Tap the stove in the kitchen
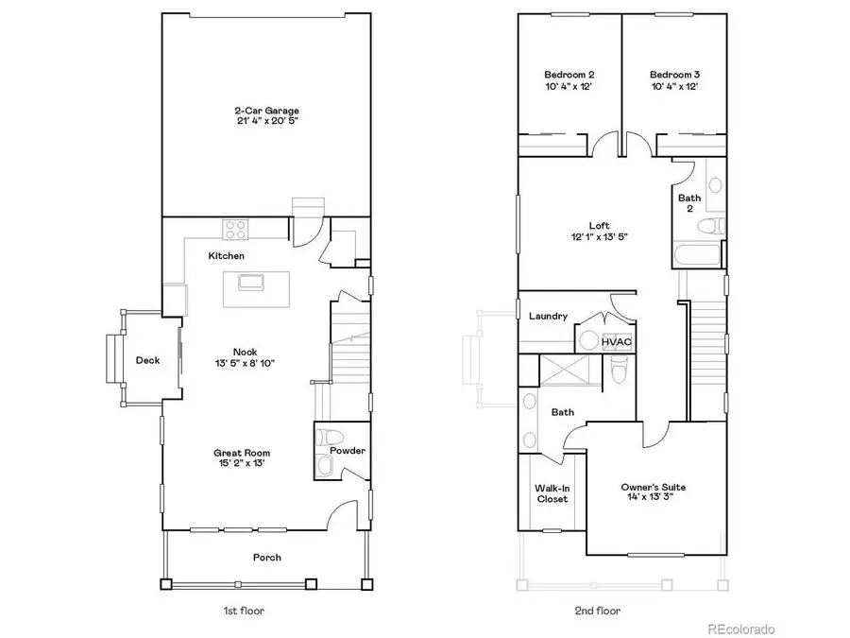tap(235, 228)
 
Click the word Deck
tap(147, 360)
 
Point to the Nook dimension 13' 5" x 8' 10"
tap(245, 363)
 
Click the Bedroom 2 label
tap(569, 75)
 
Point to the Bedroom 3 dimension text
tap(673, 87)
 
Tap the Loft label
tap(599, 225)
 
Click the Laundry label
tap(548, 316)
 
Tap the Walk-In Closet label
tap(552, 493)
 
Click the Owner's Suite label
tap(653, 488)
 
